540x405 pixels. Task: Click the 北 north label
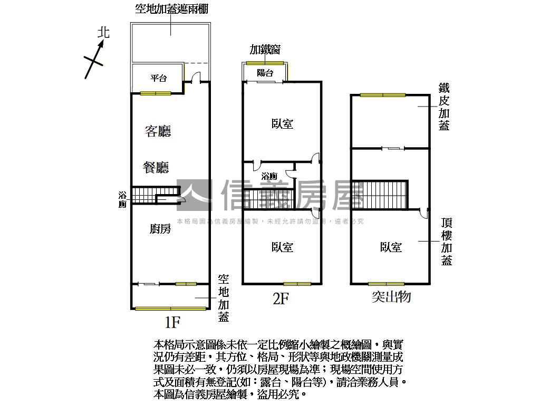(104, 33)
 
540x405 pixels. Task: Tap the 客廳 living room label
(158, 131)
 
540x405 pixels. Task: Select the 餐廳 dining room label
(156, 168)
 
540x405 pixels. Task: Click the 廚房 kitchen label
(160, 228)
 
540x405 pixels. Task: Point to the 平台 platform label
(158, 79)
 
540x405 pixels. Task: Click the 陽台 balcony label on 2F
(265, 73)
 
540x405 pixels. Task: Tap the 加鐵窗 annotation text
(265, 50)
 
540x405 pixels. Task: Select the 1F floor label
(172, 320)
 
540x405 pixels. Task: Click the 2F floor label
(281, 299)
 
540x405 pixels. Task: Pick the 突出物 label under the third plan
(391, 297)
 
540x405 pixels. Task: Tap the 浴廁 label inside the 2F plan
(269, 176)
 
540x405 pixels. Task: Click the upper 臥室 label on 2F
(283, 124)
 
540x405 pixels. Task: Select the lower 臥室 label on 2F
(283, 247)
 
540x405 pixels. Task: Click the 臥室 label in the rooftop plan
(391, 247)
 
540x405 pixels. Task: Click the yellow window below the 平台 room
(156, 93)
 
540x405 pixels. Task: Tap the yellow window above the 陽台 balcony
(265, 63)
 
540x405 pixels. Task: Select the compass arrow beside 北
(95, 58)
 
